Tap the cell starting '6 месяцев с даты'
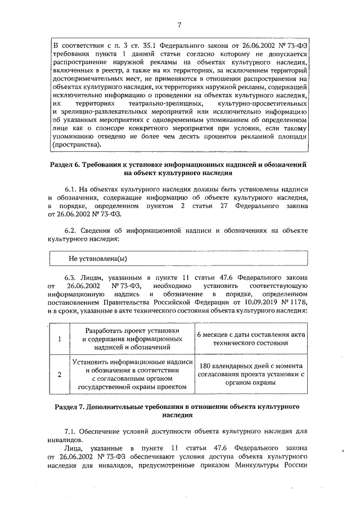[250, 339]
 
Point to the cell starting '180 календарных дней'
[250, 375]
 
